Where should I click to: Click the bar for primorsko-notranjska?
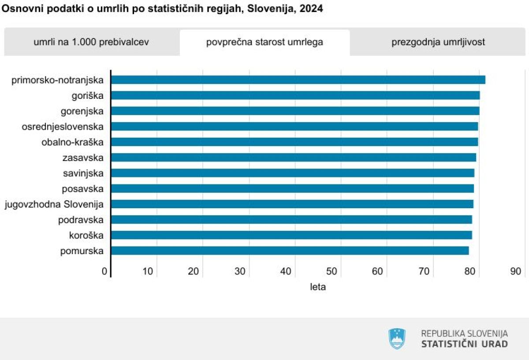point(298,80)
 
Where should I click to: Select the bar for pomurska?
point(290,251)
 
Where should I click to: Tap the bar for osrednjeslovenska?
point(294,127)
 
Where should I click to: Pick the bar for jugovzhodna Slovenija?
point(292,204)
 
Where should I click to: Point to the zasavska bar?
point(293,157)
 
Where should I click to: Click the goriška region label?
point(87,96)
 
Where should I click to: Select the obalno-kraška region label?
point(72,142)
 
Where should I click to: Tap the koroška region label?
point(86,235)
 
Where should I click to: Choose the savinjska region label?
point(83,173)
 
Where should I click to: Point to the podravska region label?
point(81,220)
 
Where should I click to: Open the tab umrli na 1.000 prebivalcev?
point(91,42)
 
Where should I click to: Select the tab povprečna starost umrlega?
point(264,42)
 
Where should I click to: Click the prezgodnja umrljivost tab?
point(438,42)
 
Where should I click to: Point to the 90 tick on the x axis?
point(515,271)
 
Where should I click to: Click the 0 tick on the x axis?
point(104,271)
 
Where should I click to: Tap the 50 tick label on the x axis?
point(332,271)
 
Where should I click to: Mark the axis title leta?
point(318,287)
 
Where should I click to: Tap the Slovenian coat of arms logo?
point(397,338)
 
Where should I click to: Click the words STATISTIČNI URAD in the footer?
point(464,344)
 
